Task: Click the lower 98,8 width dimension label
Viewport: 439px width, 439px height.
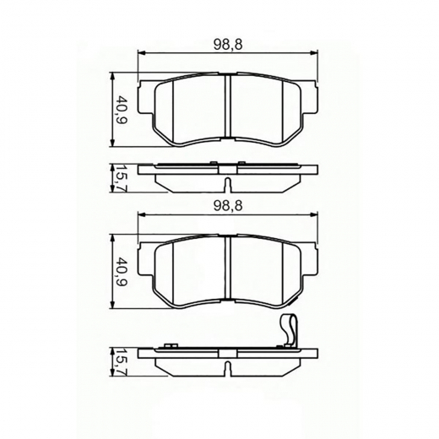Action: point(222,205)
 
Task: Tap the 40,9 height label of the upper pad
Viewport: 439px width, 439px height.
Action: point(122,108)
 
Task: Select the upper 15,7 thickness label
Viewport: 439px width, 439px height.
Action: point(122,178)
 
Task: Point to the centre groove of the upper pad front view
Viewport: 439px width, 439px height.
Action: point(229,108)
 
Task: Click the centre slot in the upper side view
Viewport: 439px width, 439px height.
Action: point(229,184)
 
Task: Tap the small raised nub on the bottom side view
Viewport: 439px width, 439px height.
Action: point(169,345)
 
